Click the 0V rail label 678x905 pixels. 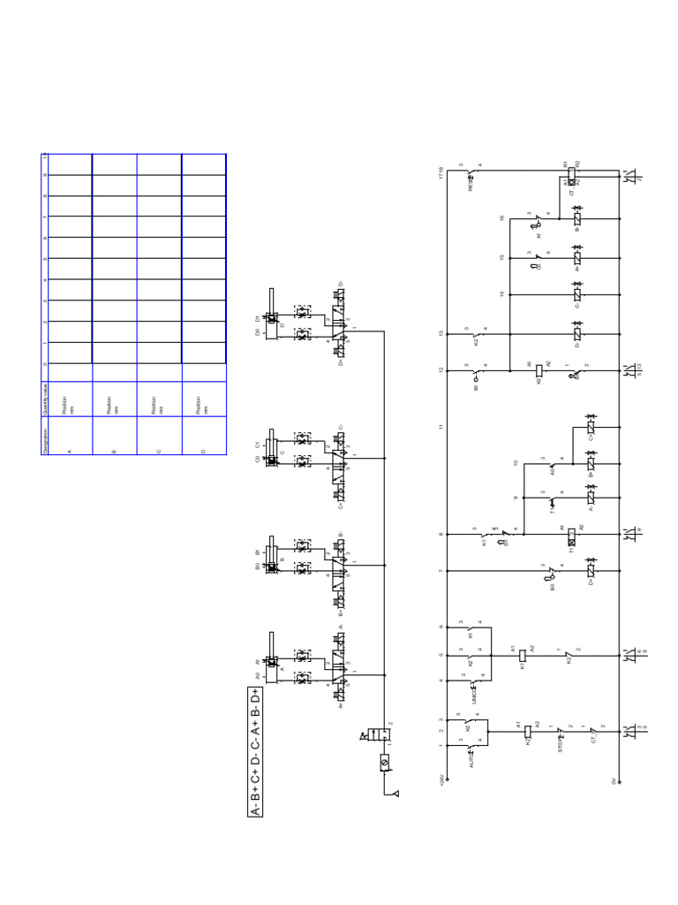(x=613, y=781)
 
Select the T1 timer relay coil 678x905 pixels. (x=571, y=535)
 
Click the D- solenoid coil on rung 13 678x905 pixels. (x=576, y=335)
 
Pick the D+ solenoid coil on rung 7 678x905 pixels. (x=590, y=572)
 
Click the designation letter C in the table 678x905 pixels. (x=159, y=452)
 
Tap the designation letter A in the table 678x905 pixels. (x=69, y=452)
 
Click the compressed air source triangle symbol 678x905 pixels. (x=396, y=794)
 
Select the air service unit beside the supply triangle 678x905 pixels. (x=385, y=761)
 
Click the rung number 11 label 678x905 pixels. (x=441, y=428)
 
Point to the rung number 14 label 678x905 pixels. (x=501, y=293)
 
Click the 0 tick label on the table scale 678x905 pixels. (x=45, y=363)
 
